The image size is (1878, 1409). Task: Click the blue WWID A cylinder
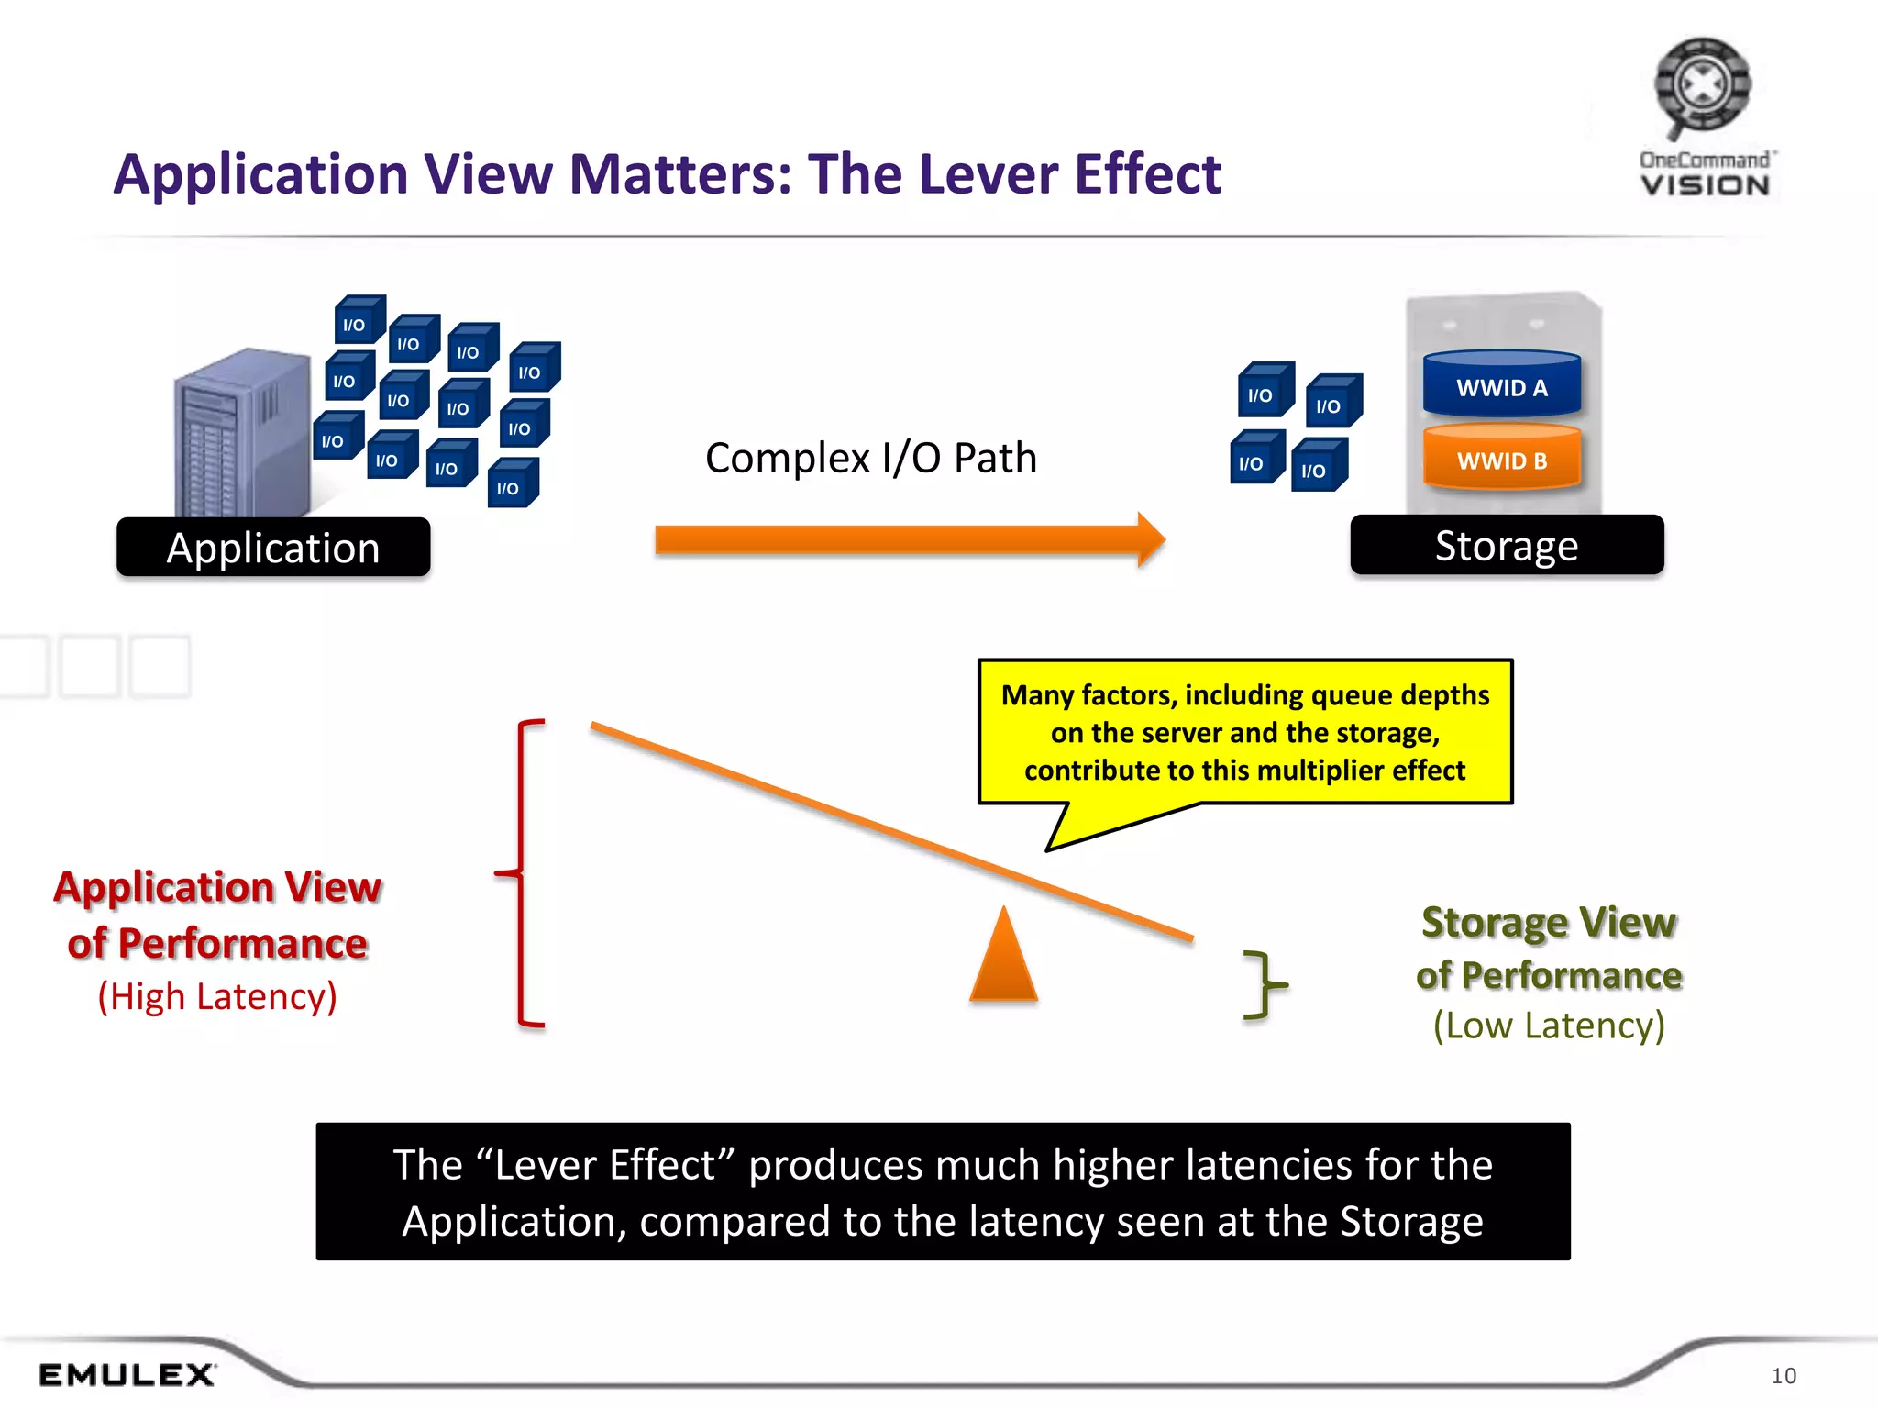(x=1502, y=385)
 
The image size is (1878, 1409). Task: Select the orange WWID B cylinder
(x=1502, y=459)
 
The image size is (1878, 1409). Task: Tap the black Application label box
(x=273, y=548)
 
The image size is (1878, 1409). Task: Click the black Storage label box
(x=1507, y=546)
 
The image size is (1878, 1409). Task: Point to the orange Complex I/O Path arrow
(x=908, y=540)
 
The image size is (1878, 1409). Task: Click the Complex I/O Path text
(x=870, y=458)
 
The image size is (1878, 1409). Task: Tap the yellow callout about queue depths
(x=1244, y=732)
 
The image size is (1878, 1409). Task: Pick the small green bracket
(x=1265, y=984)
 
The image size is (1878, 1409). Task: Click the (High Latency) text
(x=217, y=996)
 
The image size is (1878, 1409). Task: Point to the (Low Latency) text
(x=1549, y=1025)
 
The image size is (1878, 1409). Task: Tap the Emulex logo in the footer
(x=127, y=1374)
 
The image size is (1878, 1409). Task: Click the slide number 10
(x=1783, y=1375)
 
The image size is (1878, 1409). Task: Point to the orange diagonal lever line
(x=889, y=830)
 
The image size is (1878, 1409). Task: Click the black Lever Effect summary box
(x=943, y=1191)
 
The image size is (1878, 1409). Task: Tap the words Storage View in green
(x=1549, y=922)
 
